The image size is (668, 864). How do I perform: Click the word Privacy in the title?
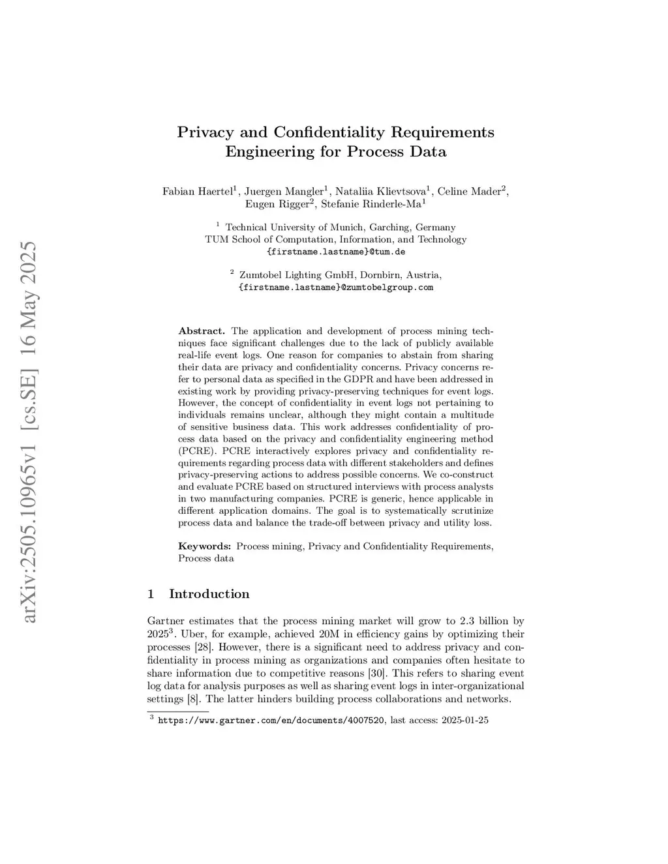[x=205, y=132]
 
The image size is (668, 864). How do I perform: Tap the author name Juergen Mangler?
[x=284, y=192]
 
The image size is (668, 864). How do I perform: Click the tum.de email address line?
[x=336, y=251]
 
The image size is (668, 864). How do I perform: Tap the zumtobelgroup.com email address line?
[x=336, y=287]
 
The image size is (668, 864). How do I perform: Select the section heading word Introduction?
[x=209, y=594]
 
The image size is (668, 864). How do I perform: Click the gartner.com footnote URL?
[x=271, y=721]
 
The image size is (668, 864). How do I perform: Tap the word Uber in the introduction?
[x=192, y=634]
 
